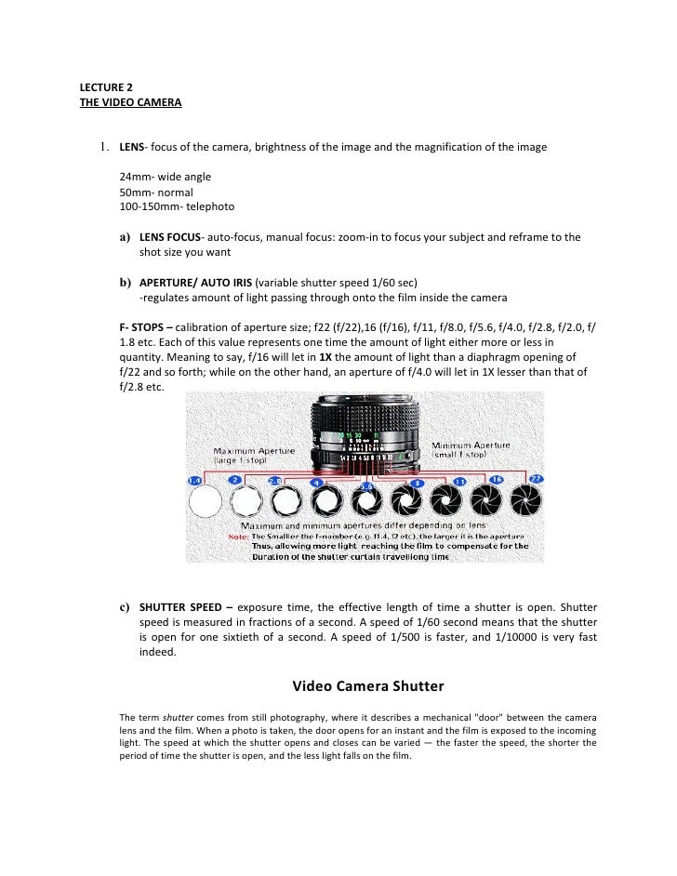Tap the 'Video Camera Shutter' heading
(368, 687)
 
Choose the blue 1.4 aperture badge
(193, 481)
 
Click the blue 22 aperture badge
(537, 479)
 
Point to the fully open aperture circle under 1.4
(205, 503)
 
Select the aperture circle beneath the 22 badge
(526, 502)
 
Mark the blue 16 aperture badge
(496, 480)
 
